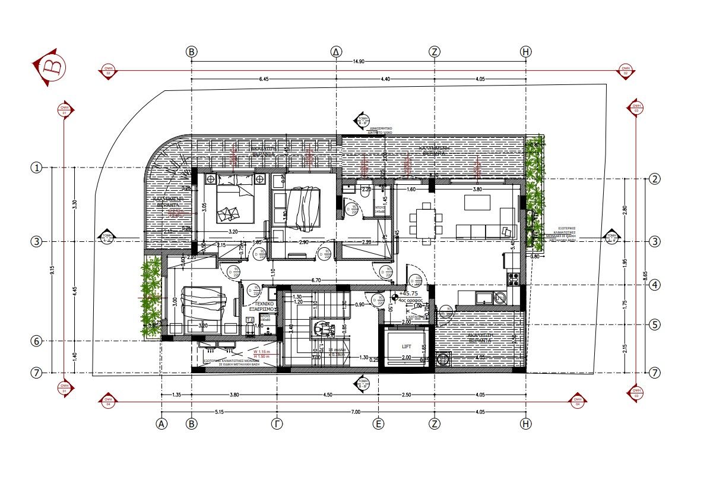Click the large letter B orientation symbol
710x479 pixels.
[x=49, y=67]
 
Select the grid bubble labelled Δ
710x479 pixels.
[x=337, y=52]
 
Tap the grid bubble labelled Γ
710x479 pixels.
[x=277, y=424]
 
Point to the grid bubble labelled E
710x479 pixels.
[x=378, y=424]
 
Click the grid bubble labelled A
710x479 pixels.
[x=161, y=424]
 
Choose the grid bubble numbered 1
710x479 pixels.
[x=37, y=168]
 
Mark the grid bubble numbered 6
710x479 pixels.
[x=37, y=341]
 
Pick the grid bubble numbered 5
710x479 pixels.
[x=655, y=325]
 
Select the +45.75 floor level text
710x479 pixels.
[x=410, y=294]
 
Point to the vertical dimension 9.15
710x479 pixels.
[x=53, y=270]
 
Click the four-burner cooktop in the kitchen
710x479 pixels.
[x=513, y=276]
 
